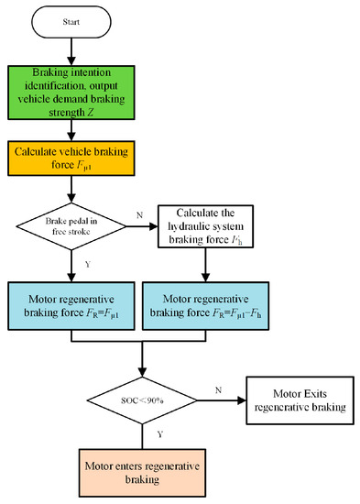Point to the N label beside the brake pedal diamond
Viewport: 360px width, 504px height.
[x=139, y=215]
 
